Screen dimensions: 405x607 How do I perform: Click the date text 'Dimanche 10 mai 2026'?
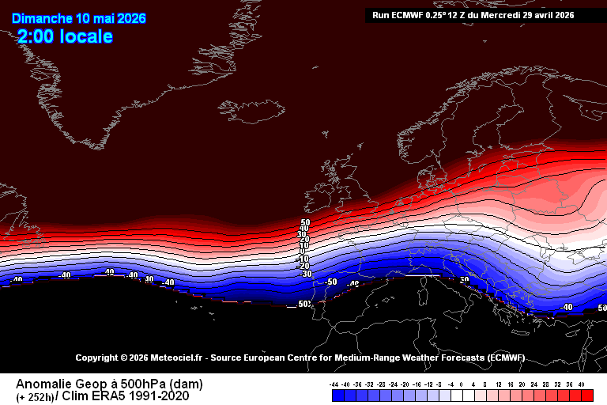pos(79,19)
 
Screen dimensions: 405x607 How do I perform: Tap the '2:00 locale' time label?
pos(65,36)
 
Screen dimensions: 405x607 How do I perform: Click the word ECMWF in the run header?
pos(409,15)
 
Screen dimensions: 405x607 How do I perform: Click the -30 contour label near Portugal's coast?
pos(305,274)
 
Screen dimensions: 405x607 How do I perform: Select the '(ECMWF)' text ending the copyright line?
pos(504,358)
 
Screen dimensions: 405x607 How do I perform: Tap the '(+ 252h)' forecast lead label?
pos(35,396)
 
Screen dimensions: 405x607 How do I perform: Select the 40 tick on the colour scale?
pos(581,384)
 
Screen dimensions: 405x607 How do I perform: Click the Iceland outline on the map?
pos(257,110)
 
